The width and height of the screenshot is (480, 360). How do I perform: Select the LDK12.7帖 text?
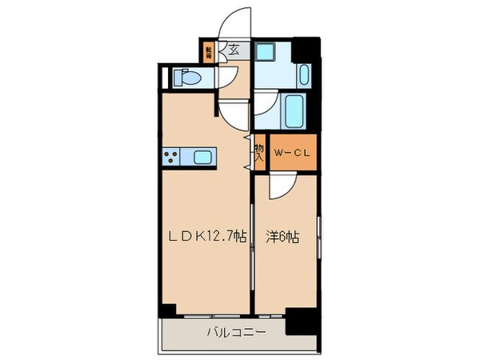[206, 237]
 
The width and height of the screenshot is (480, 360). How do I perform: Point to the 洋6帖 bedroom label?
[283, 237]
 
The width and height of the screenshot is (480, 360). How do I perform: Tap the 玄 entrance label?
[234, 50]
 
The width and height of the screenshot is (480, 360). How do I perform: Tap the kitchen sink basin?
[200, 157]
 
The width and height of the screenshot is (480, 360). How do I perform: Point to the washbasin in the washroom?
[305, 74]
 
